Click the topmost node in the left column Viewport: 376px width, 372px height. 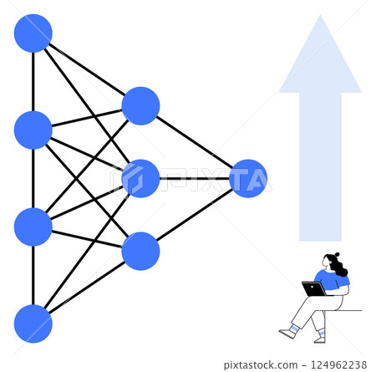tap(33, 33)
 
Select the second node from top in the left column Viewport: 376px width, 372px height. tap(33, 130)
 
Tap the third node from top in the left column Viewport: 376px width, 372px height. tap(33, 227)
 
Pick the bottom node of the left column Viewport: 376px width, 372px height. tap(33, 324)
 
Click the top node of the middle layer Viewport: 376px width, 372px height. tap(140, 106)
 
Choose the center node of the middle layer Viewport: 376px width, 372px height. tap(140, 178)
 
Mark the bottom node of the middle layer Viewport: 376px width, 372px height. tap(140, 251)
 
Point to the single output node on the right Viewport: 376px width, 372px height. tap(248, 178)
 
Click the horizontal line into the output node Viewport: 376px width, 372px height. tap(194, 178)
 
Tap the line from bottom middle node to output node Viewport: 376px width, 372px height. tap(194, 215)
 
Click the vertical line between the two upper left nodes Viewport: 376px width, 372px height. tap(33, 81)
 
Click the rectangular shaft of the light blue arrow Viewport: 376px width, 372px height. tap(320, 167)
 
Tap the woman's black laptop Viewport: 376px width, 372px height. tap(314, 289)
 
